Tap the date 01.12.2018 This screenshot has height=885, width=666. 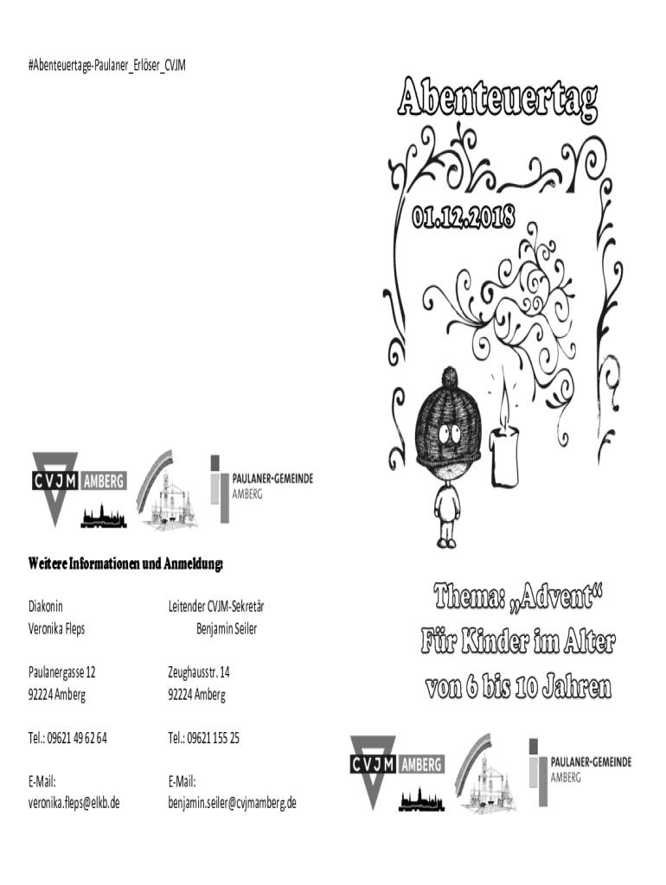tap(464, 216)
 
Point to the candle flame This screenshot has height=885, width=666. tap(503, 406)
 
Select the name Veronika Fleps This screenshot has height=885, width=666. tap(56, 628)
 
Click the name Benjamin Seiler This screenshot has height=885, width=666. tap(227, 628)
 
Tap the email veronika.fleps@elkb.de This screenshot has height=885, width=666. tap(74, 802)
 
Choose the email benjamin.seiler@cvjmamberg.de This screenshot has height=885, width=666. tap(232, 802)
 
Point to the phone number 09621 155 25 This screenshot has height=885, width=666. tap(216, 737)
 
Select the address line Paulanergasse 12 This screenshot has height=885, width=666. tap(61, 672)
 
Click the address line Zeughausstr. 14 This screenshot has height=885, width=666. tap(199, 672)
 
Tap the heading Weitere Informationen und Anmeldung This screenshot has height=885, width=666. tap(125, 565)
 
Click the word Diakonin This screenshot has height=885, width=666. tap(46, 607)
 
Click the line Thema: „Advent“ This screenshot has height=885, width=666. tap(517, 597)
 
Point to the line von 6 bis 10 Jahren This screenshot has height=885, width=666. tap(517, 688)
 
